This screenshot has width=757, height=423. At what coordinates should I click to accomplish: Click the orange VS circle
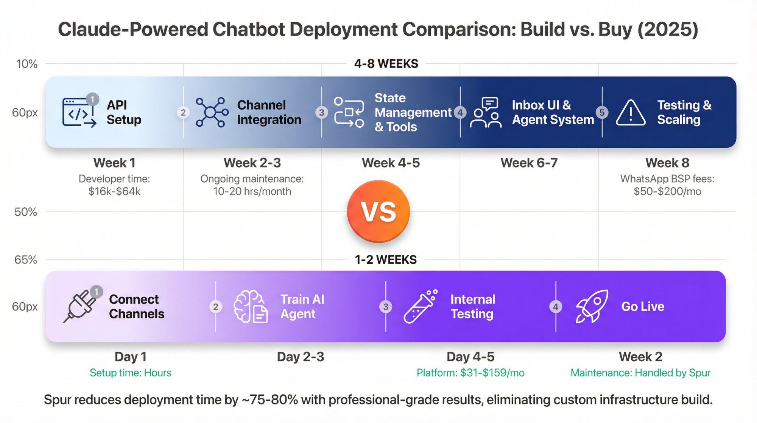[378, 211]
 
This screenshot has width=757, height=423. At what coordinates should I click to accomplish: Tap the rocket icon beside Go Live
[592, 306]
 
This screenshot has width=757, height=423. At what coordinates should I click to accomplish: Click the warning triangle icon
[631, 113]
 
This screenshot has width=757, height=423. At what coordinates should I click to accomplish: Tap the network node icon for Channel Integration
[212, 112]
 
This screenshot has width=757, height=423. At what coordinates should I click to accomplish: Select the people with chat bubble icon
[486, 113]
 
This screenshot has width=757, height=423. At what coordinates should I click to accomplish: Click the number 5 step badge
[602, 112]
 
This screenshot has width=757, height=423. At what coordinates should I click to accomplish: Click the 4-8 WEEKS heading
[386, 64]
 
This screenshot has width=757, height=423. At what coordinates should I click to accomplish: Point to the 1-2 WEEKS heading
[386, 260]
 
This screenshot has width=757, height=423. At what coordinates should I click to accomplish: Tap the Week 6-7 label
[529, 163]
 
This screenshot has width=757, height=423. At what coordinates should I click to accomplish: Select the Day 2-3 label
[301, 357]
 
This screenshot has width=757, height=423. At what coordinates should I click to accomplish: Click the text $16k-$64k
[114, 191]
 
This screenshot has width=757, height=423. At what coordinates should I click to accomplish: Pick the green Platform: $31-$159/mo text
[470, 373]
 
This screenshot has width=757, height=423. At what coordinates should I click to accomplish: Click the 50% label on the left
[26, 212]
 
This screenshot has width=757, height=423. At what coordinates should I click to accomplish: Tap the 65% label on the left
[26, 260]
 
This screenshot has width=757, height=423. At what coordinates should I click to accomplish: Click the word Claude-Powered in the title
[132, 30]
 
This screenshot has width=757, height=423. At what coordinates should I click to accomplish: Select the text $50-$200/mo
[667, 191]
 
